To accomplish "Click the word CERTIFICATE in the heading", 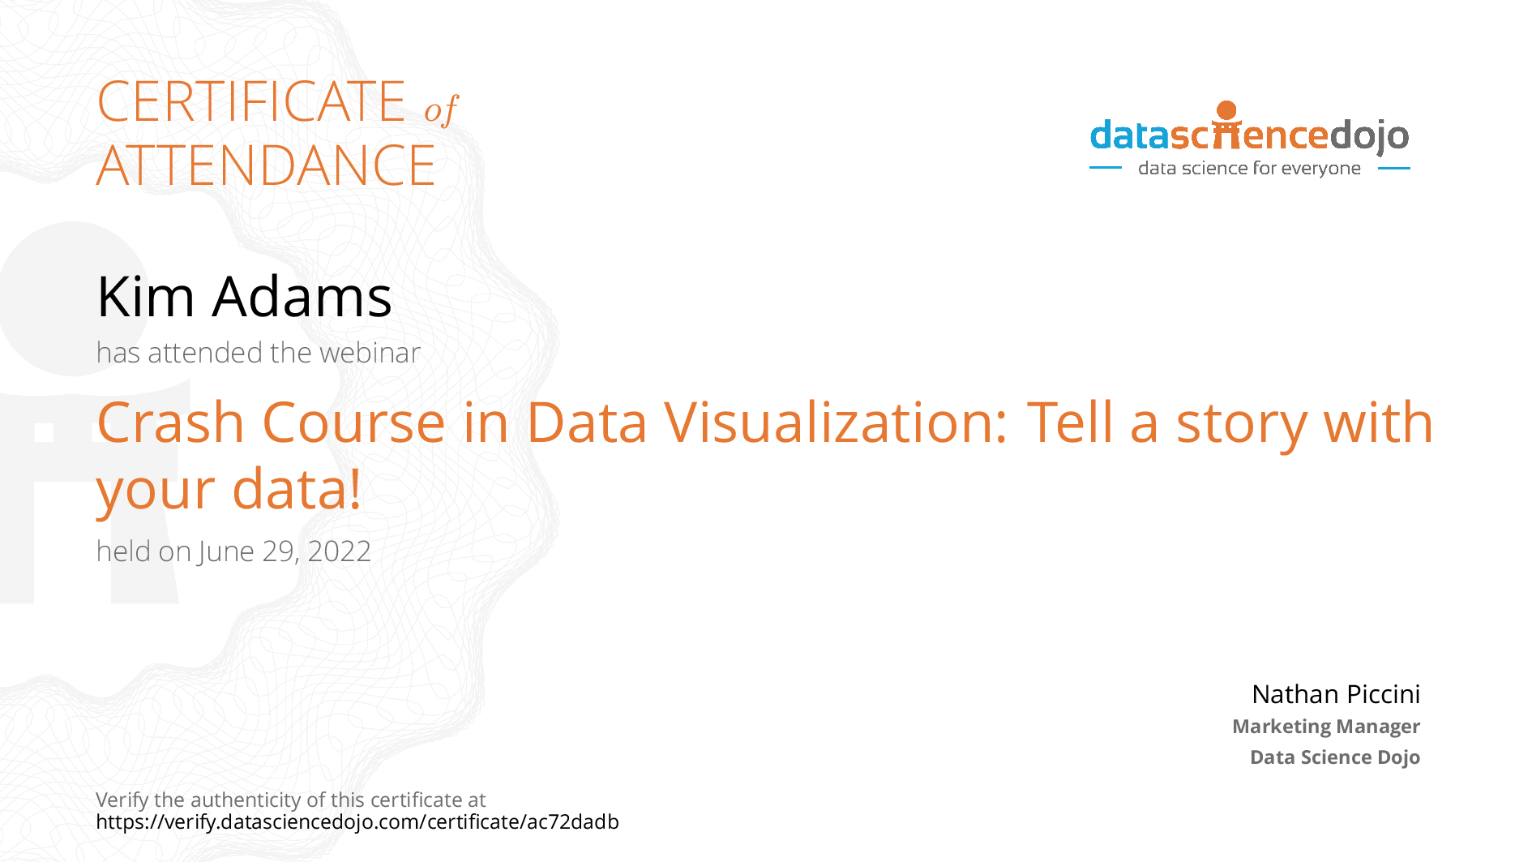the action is (x=251, y=101).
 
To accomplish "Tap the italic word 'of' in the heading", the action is (x=441, y=109).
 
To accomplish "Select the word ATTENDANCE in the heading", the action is (x=266, y=165).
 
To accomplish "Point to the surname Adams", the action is (x=302, y=296).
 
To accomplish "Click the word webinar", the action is (x=370, y=353).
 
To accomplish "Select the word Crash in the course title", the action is (x=170, y=422).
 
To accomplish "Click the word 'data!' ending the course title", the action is (x=297, y=488).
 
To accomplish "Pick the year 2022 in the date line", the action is (x=339, y=551).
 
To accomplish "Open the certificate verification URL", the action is (x=357, y=822).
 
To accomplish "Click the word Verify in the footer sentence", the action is (x=122, y=800).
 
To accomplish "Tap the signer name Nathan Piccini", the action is (x=1336, y=694).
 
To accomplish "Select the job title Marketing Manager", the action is (x=1326, y=727).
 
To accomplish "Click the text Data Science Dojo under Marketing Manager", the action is (x=1335, y=757).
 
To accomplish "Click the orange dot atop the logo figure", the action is (x=1227, y=110).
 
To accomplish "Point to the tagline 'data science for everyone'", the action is (x=1249, y=168).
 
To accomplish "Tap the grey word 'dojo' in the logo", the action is (x=1369, y=136).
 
